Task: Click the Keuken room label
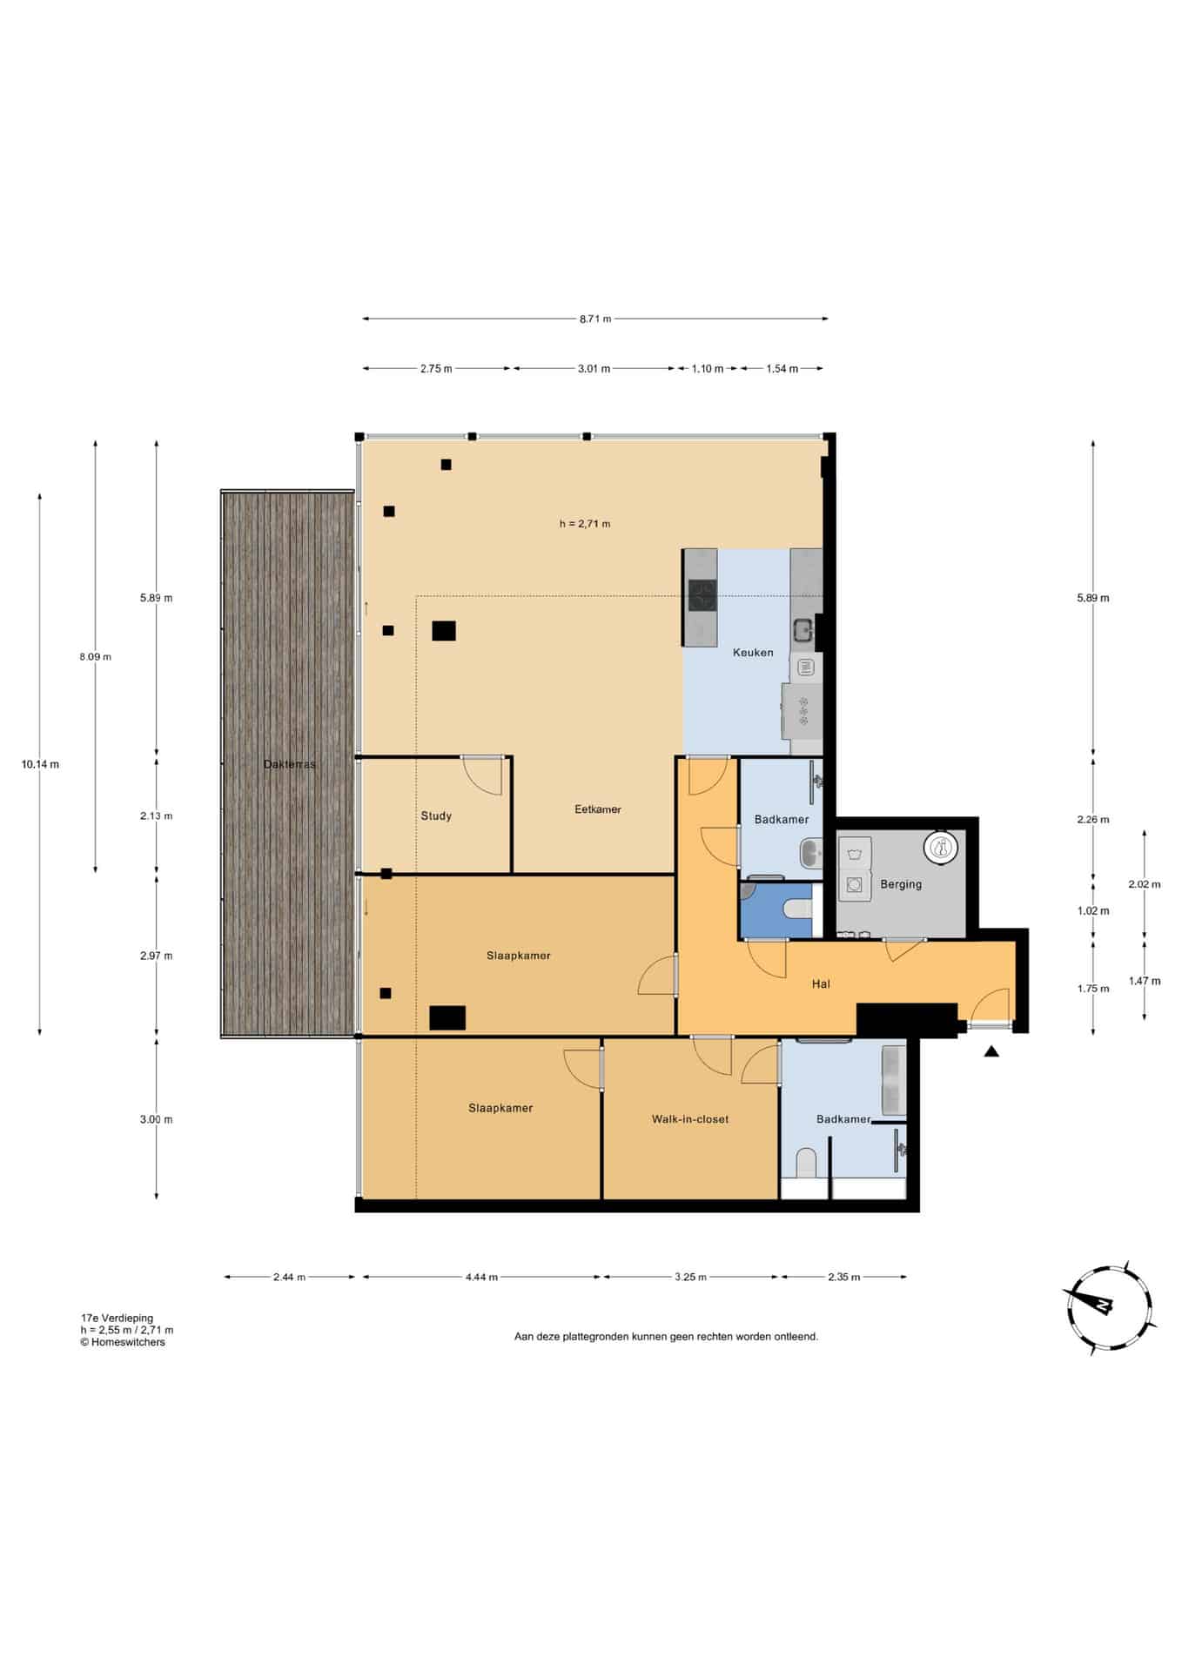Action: pos(753,652)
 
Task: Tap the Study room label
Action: pos(436,815)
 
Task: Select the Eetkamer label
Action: pos(598,809)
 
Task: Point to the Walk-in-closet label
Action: pos(690,1119)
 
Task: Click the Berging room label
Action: pos(901,884)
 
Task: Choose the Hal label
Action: pos(821,983)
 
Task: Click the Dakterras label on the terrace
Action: pos(290,764)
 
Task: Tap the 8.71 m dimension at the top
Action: pos(595,319)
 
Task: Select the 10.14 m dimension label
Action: pos(40,764)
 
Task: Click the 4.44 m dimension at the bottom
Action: pos(481,1277)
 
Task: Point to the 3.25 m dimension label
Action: pos(690,1277)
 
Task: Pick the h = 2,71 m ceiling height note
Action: pos(585,524)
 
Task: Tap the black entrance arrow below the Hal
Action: pos(991,1051)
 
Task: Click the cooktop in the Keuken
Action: pos(702,596)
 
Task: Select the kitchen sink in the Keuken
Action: pos(803,627)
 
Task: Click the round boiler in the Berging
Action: pos(941,847)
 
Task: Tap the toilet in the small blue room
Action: pos(796,909)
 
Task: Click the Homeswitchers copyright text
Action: pos(123,1342)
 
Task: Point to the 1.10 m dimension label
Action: pos(708,368)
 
